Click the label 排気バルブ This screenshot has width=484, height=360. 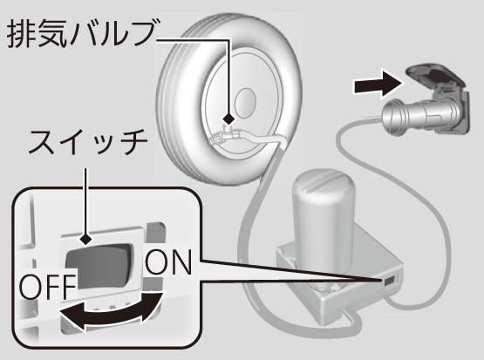coord(81,33)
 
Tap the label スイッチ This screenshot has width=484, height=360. coord(88,141)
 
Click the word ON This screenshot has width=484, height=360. coord(168,262)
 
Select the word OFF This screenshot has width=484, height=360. coord(48,286)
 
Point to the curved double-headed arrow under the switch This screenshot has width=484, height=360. coord(111,313)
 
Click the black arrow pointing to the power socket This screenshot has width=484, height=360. coord(378,84)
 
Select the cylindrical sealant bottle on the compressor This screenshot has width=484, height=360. coord(324,216)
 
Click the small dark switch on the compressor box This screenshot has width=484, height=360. coord(389,281)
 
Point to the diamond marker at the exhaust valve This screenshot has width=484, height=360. coord(228,119)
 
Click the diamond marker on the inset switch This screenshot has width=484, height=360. coord(85,239)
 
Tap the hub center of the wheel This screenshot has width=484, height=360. coord(245,101)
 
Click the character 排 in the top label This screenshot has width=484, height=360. coord(19,33)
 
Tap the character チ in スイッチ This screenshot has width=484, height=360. coord(133,141)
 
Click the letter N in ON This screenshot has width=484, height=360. coord(181,262)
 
